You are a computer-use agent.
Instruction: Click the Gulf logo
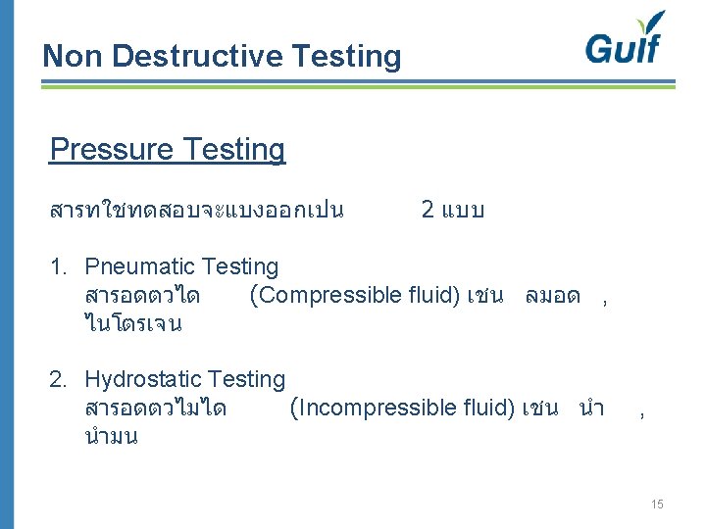(x=625, y=40)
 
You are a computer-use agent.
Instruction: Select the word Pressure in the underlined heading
(x=108, y=150)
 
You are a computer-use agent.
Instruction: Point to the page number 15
(x=656, y=504)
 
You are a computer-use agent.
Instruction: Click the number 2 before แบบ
(x=429, y=210)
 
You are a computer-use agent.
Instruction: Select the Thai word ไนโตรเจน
(x=133, y=323)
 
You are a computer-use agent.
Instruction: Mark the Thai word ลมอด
(x=553, y=295)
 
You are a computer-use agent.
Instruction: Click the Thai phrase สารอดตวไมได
(x=156, y=408)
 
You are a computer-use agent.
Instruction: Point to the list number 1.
(x=57, y=266)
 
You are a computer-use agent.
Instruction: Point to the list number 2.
(x=57, y=379)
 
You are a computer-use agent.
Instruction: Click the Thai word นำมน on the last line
(x=111, y=436)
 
